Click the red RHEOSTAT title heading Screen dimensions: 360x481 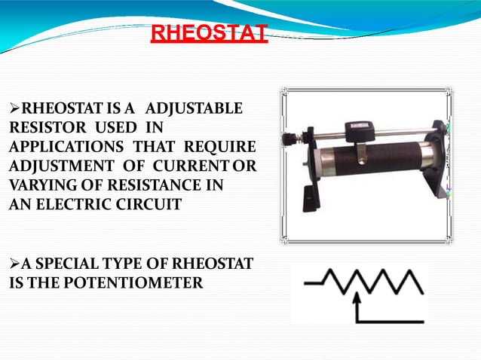pos(209,34)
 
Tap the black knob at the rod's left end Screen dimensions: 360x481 pos(290,139)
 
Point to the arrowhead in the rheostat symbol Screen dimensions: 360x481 pos(358,299)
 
